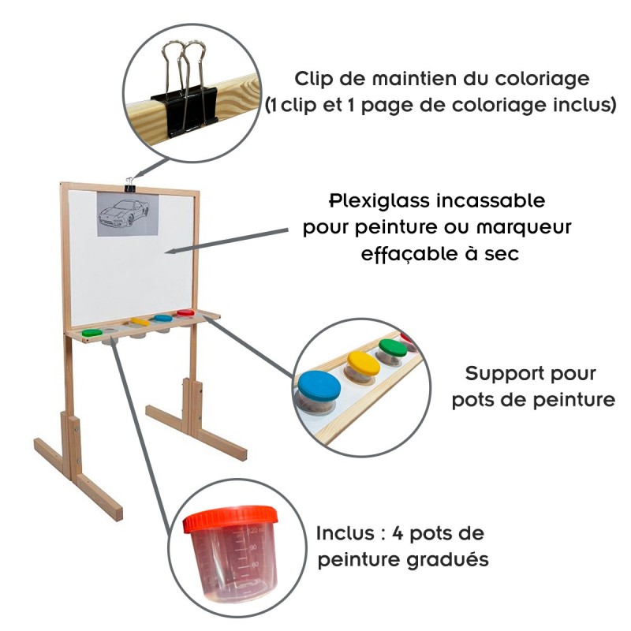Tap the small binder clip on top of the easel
[x=129, y=185]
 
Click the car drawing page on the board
[x=127, y=215]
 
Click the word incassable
[x=494, y=200]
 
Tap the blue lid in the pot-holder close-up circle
[x=318, y=386]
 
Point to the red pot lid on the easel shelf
[x=185, y=313]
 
